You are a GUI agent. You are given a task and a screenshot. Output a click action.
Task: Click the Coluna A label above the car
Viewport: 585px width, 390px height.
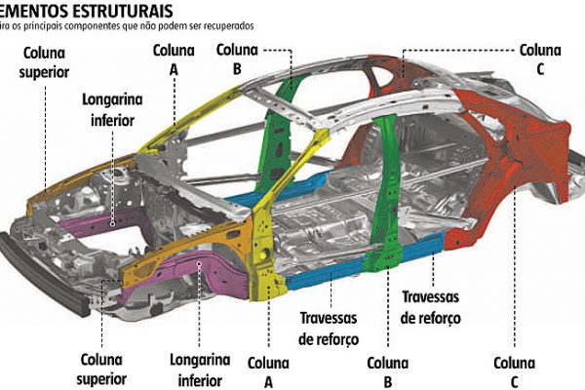point(175,58)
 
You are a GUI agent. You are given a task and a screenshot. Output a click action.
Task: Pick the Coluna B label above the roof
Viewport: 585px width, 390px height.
point(237,58)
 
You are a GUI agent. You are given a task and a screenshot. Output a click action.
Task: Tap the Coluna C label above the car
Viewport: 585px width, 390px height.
point(539,58)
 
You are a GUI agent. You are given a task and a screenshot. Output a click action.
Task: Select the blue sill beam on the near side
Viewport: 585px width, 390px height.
point(322,275)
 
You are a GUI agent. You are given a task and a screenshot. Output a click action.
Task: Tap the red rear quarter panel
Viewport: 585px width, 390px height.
point(507,180)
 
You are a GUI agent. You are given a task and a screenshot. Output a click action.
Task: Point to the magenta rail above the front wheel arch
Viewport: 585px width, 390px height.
point(185,265)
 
